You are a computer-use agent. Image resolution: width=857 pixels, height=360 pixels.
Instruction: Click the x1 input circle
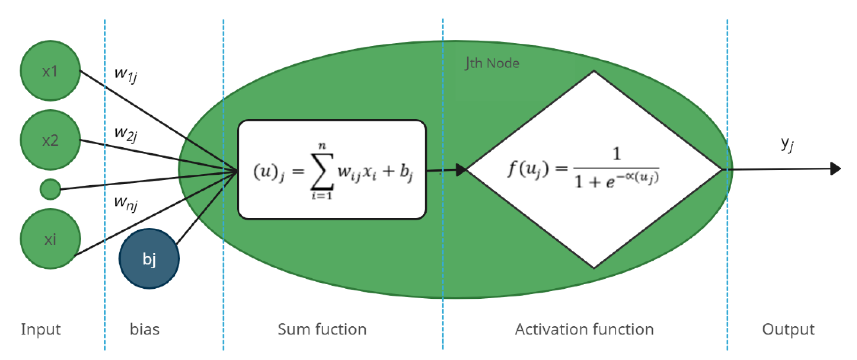point(50,71)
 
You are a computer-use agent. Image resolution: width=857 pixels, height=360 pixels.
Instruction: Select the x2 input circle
point(50,140)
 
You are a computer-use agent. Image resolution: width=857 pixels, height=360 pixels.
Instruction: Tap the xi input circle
point(50,239)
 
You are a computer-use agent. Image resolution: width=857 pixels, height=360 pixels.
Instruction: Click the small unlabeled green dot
point(50,189)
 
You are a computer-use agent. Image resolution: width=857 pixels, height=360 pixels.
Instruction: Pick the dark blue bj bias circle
point(149,259)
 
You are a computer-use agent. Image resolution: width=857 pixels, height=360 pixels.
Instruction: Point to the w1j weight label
point(125,74)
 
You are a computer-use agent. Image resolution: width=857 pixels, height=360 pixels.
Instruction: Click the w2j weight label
point(125,134)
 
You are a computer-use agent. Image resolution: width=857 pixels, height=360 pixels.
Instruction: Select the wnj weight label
point(125,203)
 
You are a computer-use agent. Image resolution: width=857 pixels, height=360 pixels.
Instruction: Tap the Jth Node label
point(492,63)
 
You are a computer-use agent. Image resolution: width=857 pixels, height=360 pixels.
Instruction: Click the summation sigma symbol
point(322,171)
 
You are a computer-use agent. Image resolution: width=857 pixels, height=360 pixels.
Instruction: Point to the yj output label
point(787,145)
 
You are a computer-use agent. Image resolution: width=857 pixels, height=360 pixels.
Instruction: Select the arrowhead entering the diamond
point(461,170)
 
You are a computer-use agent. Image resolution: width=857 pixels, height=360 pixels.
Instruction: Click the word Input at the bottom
point(41,330)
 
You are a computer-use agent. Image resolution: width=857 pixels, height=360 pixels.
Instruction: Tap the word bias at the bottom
point(145,330)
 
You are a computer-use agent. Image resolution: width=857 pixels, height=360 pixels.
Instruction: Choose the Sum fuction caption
point(322,330)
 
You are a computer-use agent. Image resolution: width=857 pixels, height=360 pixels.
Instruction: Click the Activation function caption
point(584,330)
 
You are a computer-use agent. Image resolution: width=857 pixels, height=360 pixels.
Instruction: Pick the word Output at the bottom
point(788,330)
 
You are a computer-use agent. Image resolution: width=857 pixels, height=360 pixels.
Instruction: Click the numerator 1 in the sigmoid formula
point(616,154)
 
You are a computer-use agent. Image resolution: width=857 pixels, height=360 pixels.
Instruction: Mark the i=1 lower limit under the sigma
point(321,196)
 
